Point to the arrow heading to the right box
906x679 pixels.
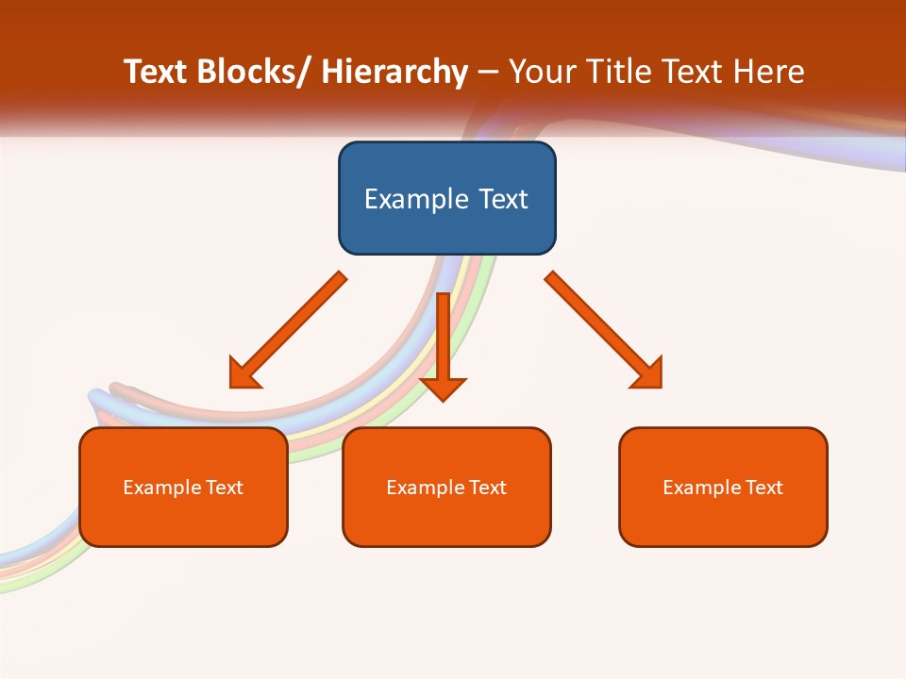(600, 326)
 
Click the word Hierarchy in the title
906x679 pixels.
(394, 72)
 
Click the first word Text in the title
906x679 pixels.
(156, 72)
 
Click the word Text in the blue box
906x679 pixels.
(501, 199)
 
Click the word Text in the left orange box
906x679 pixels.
(225, 488)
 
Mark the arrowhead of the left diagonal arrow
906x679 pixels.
(243, 374)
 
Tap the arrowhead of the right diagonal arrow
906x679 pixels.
(649, 374)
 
